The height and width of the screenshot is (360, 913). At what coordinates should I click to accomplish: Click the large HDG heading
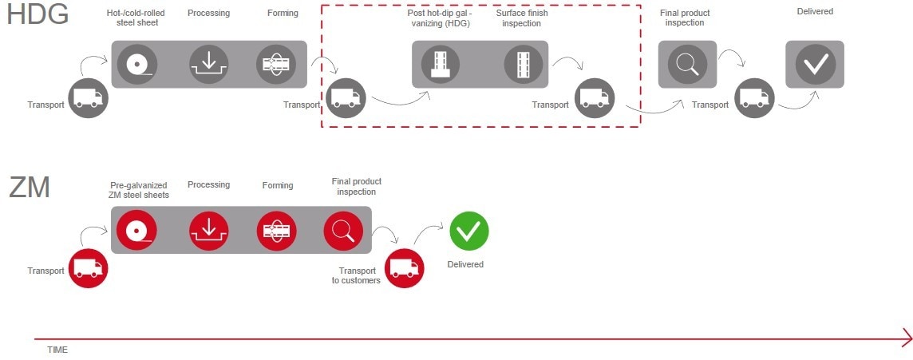(x=38, y=14)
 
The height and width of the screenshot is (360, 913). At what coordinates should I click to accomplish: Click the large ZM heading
(x=30, y=188)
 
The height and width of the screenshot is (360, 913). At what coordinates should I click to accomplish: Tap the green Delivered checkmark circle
(x=468, y=231)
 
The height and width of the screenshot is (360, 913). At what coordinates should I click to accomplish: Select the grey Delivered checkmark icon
(x=815, y=64)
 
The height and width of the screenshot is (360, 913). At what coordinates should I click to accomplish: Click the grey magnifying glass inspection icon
(x=687, y=64)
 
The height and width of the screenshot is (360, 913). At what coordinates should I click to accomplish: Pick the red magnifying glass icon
(x=343, y=230)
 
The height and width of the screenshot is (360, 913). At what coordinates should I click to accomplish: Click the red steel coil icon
(x=136, y=230)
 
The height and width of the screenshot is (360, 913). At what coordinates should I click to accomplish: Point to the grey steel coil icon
(x=136, y=64)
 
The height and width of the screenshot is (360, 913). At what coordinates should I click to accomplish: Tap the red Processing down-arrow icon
(x=209, y=230)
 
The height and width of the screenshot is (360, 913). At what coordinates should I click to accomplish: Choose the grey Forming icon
(x=276, y=64)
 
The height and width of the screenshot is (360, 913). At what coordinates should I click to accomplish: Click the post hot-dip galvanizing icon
(x=441, y=64)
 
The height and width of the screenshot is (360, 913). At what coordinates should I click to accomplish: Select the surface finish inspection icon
(x=524, y=64)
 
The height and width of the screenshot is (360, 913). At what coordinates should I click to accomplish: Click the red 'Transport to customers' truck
(x=405, y=268)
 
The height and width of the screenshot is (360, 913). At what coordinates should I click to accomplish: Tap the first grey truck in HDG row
(x=89, y=98)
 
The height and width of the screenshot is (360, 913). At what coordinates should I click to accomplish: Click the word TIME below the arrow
(x=57, y=350)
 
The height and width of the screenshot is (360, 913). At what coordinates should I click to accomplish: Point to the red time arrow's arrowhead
(x=907, y=338)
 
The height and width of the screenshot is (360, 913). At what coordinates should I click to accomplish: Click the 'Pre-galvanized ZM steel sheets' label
(x=139, y=190)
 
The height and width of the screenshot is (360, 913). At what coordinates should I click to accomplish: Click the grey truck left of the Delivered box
(x=754, y=98)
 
